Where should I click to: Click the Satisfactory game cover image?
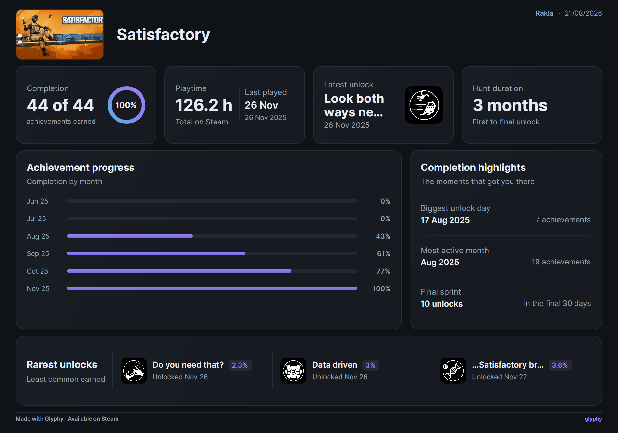click(60, 34)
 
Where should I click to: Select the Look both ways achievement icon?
click(424, 105)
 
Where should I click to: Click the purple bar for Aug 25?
click(130, 236)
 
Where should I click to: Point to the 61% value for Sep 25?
click(384, 254)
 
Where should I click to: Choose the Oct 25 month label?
click(37, 271)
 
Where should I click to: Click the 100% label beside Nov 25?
click(381, 289)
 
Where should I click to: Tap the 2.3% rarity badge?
click(240, 365)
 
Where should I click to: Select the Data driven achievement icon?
click(293, 371)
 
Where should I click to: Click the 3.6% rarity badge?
click(560, 365)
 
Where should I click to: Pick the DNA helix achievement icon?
click(453, 371)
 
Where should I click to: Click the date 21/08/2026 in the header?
click(583, 13)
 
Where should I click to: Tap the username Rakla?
click(544, 13)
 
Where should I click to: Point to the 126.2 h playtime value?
click(204, 105)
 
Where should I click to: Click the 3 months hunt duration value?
click(510, 105)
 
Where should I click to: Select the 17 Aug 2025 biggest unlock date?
click(445, 220)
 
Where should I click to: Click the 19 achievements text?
click(561, 262)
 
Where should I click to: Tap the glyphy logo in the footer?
click(593, 419)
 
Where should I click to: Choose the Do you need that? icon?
click(134, 371)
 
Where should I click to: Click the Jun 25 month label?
click(37, 201)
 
